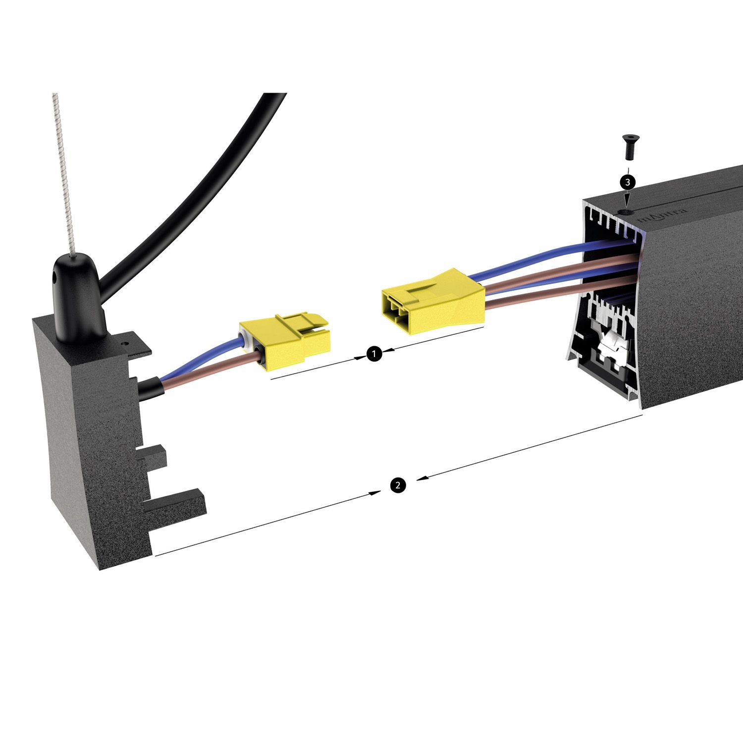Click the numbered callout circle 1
click(x=374, y=354)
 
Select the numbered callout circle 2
click(x=398, y=485)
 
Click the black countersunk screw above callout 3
click(x=630, y=147)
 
